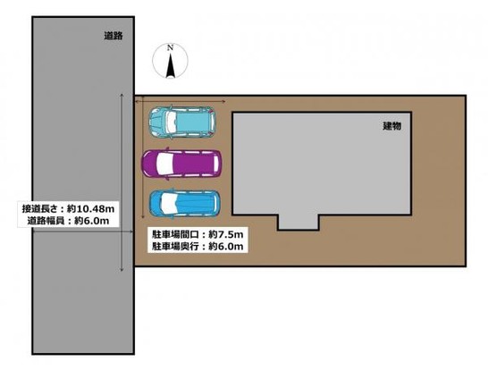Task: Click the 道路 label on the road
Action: tap(112, 36)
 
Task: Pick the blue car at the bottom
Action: tap(184, 205)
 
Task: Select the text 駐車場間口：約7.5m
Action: tap(197, 233)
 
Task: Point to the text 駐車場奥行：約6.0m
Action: tap(197, 246)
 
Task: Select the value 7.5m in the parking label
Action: tap(229, 233)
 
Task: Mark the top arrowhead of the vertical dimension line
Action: tap(122, 96)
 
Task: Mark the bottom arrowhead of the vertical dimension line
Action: tap(122, 268)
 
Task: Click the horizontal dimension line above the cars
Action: tap(179, 101)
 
